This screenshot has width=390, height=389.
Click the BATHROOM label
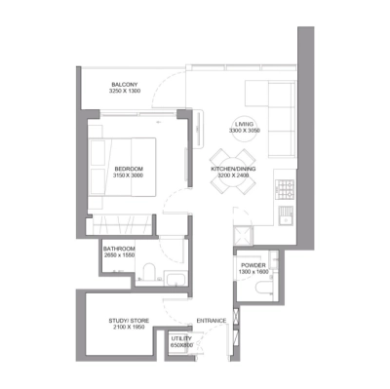(x=120, y=248)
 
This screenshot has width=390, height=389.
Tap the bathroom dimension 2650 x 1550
(x=120, y=254)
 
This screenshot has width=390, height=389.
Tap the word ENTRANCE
(x=211, y=319)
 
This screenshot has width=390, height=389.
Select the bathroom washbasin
(x=174, y=281)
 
